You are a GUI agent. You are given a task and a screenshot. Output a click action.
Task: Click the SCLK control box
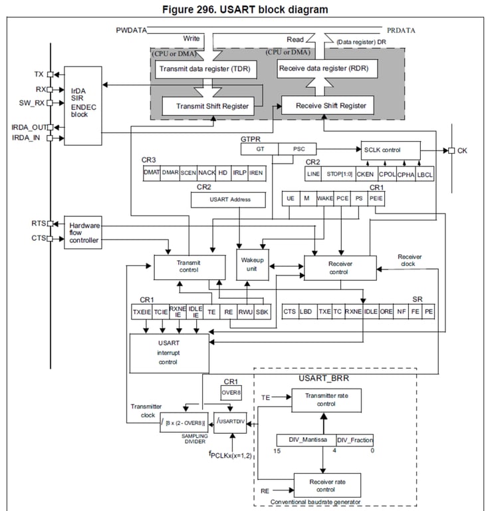[x=390, y=150]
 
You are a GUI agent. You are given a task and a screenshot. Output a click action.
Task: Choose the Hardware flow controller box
[x=83, y=232]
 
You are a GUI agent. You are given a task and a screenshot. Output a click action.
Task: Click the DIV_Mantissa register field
[x=306, y=440]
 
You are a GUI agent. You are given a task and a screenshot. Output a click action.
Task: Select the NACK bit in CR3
[x=207, y=172]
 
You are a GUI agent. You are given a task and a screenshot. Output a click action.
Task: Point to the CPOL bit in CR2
[x=387, y=174]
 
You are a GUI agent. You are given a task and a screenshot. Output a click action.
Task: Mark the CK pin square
[x=451, y=150]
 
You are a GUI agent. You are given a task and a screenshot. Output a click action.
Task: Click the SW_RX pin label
[x=30, y=102]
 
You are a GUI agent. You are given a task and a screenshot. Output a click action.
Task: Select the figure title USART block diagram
[x=243, y=9]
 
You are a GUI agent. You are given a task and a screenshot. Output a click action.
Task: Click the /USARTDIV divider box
[x=230, y=421]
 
